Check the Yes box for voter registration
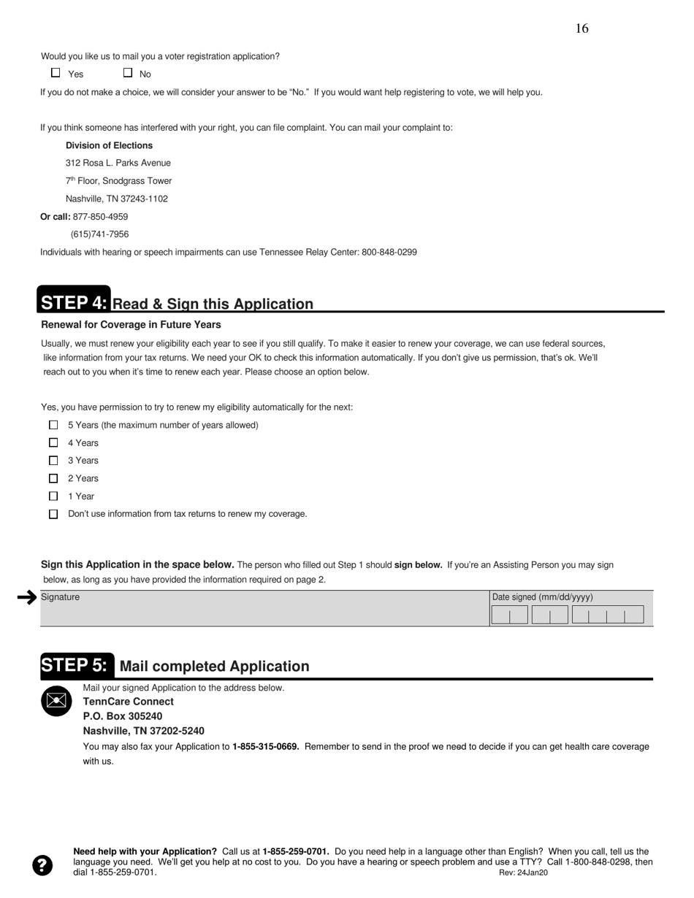[56, 72]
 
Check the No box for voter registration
[128, 72]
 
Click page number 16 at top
[581, 28]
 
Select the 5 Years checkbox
[53, 425]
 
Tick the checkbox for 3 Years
[53, 461]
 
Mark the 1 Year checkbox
[53, 496]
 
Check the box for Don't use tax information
[53, 514]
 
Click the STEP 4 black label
[74, 302]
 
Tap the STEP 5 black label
[77, 665]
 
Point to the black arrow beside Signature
[27, 598]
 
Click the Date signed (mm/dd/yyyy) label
[542, 597]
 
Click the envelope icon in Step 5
[56, 701]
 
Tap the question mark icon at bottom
[42, 865]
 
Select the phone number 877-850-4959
[100, 217]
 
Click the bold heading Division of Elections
[109, 145]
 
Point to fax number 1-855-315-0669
[265, 747]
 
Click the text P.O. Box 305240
[123, 716]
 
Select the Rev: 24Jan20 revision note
[523, 873]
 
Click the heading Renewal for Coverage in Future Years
[131, 325]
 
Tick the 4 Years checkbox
[53, 442]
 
